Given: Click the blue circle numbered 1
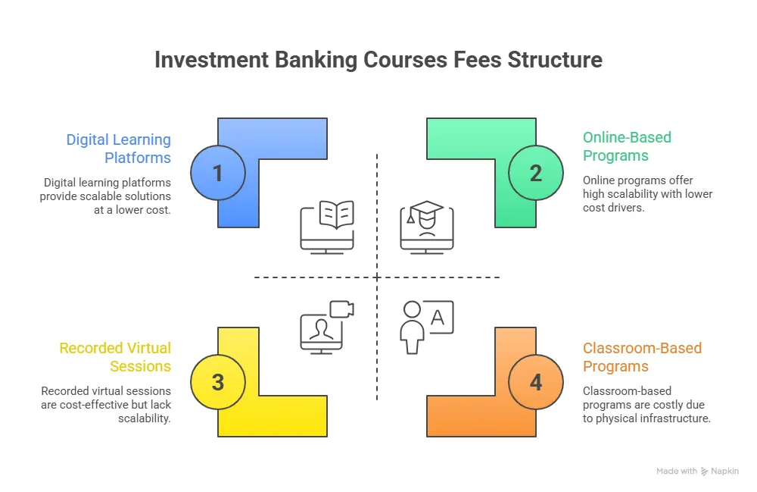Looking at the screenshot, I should tap(218, 173).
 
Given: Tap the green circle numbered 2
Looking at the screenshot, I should tap(536, 173).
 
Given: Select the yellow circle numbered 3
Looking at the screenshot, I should tap(218, 382).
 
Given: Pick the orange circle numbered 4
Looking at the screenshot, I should tap(536, 382).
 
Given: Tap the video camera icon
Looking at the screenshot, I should tap(342, 309).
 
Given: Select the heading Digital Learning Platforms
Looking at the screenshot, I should tap(118, 149).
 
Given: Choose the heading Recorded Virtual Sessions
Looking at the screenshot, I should tap(115, 357).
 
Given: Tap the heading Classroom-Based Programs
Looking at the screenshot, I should tap(642, 357).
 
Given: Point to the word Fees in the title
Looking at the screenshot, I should tap(476, 60).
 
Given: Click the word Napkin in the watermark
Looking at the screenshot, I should tap(725, 471).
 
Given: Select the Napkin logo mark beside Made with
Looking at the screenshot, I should tap(705, 471).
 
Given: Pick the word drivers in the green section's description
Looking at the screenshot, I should tap(625, 207).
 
